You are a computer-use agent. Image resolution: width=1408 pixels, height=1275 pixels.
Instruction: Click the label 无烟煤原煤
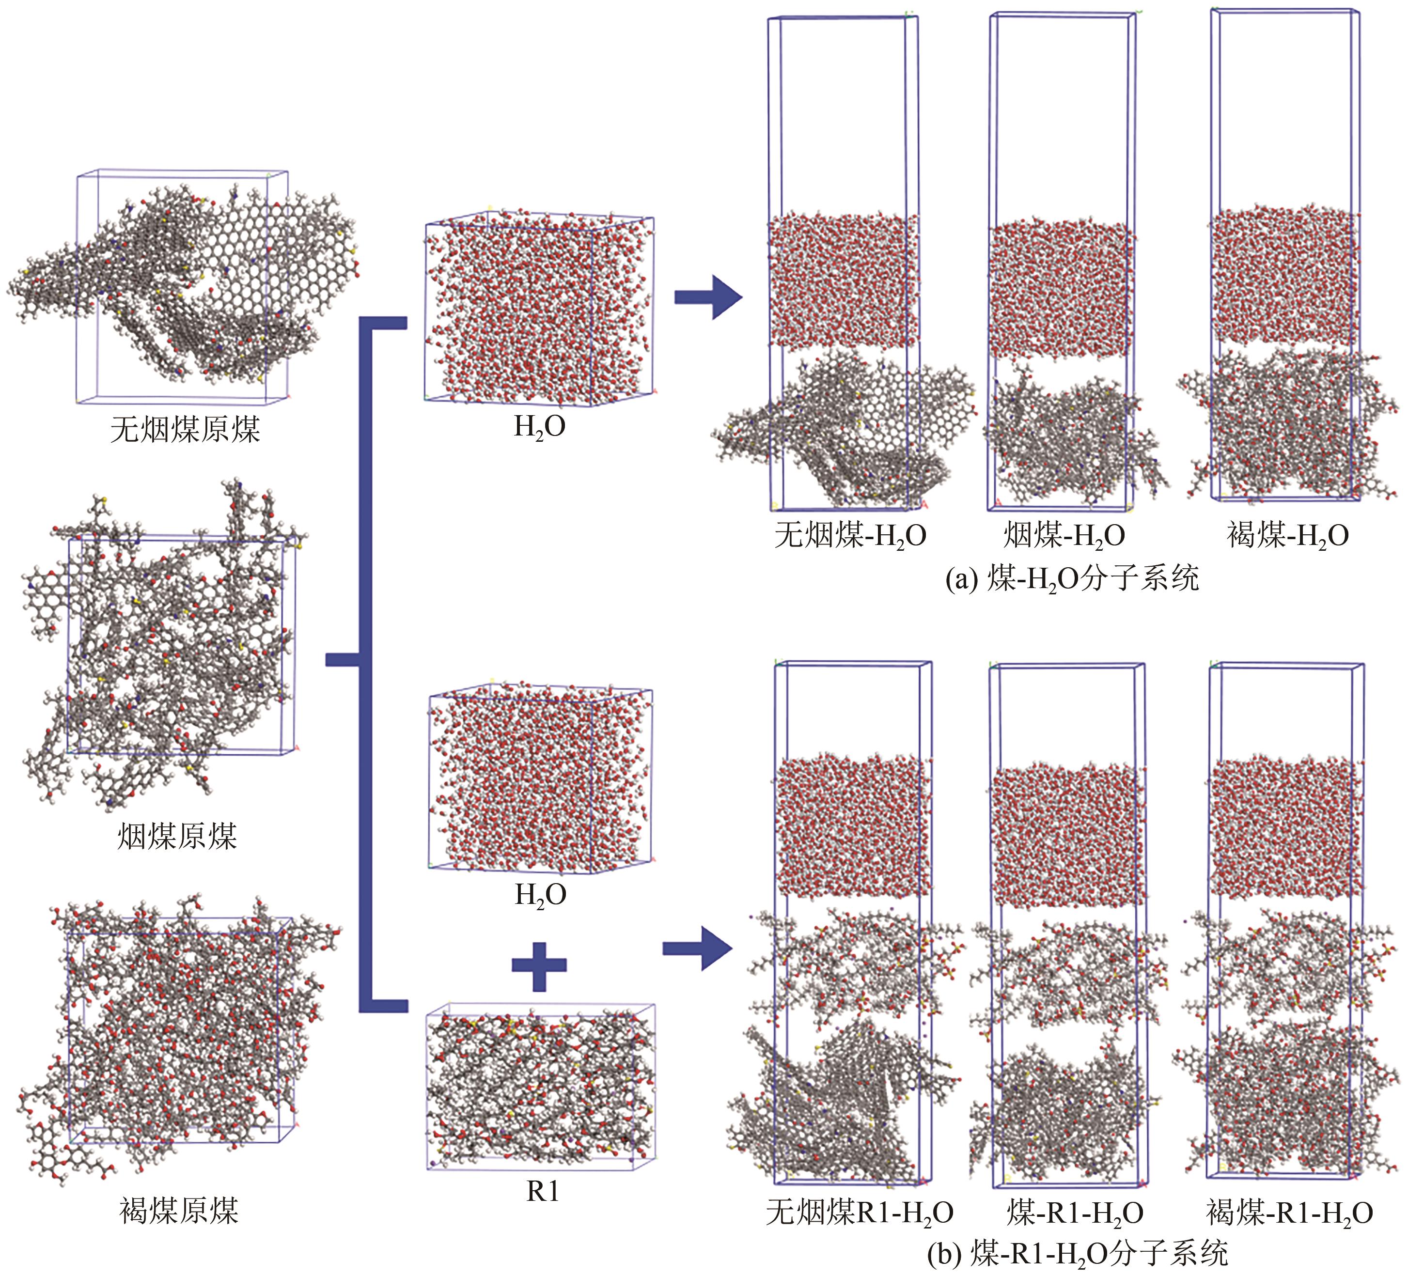click(x=185, y=429)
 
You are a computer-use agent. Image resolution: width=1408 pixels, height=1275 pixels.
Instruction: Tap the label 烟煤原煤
click(x=177, y=835)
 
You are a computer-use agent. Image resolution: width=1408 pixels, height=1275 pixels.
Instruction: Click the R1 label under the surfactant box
click(x=543, y=1191)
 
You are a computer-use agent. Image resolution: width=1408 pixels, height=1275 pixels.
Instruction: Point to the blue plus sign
click(x=538, y=965)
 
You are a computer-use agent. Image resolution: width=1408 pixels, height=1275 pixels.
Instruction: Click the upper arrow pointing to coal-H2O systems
click(x=707, y=297)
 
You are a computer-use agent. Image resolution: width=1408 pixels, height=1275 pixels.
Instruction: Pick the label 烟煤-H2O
click(x=1064, y=536)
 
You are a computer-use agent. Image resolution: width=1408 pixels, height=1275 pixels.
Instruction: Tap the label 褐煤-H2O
click(x=1288, y=536)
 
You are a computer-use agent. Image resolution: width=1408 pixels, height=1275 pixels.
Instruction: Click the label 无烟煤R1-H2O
click(x=859, y=1213)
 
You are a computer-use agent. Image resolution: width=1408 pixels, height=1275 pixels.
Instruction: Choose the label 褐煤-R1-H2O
click(x=1289, y=1213)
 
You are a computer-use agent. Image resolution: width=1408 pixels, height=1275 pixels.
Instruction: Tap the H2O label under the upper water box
click(x=539, y=426)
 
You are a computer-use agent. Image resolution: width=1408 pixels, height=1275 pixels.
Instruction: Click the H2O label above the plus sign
click(x=540, y=894)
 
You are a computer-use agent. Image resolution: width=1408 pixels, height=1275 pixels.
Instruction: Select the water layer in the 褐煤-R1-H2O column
click(x=1286, y=827)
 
